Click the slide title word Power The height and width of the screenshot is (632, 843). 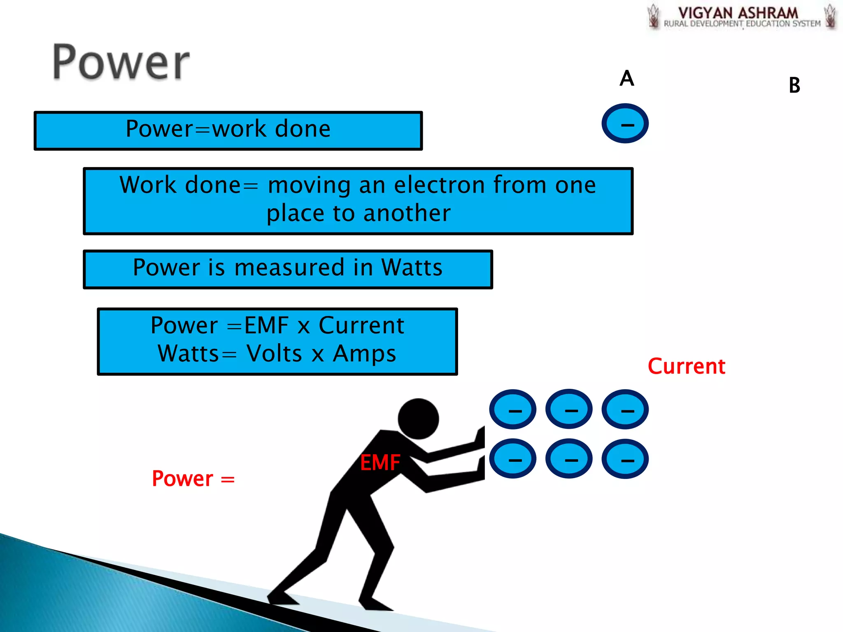121,63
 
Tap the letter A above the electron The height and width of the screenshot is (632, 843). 626,78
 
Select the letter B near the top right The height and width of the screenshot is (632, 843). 794,86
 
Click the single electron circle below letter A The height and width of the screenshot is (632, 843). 625,123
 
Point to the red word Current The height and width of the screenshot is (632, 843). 686,366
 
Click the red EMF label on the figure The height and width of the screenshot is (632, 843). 380,462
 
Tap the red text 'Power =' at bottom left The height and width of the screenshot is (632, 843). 193,479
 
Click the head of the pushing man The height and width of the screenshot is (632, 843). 418,418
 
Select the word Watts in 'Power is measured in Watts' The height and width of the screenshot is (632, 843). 412,267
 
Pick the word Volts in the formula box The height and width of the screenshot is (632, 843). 274,353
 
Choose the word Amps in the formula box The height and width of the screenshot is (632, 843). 364,353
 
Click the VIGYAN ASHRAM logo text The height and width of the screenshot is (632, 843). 738,13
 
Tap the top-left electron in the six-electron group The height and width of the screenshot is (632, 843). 512,409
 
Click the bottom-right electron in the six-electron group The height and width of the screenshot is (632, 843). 625,459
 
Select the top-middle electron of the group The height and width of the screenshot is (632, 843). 569,409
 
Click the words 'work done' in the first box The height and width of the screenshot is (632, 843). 271,129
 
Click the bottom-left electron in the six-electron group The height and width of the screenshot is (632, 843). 512,459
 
